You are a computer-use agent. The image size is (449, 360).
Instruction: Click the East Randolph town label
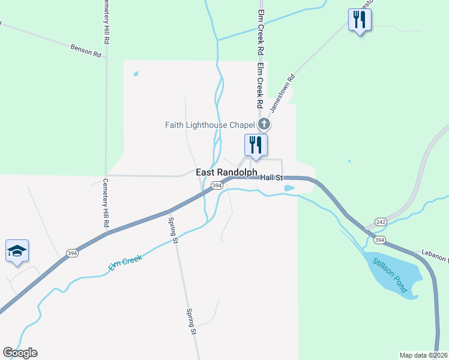pos(227,172)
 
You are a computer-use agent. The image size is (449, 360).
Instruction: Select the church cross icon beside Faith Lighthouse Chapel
pos(264,125)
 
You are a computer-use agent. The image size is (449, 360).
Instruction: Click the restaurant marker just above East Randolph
pos(256,145)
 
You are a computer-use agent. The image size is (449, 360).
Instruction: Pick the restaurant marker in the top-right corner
pos(360,20)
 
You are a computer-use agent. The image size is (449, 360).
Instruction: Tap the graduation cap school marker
pos(17,251)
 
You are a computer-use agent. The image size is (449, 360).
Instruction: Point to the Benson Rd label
pos(85,49)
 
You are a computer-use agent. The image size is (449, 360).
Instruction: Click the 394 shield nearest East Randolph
pos(217,186)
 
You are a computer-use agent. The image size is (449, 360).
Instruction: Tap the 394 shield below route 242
pos(379,240)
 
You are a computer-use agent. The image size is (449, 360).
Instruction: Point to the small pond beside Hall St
pos(289,188)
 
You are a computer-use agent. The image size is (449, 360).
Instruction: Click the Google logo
pos(20,353)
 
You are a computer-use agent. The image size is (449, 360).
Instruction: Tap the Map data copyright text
pos(424,355)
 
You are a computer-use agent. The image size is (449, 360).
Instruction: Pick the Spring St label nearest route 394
pos(174,229)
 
